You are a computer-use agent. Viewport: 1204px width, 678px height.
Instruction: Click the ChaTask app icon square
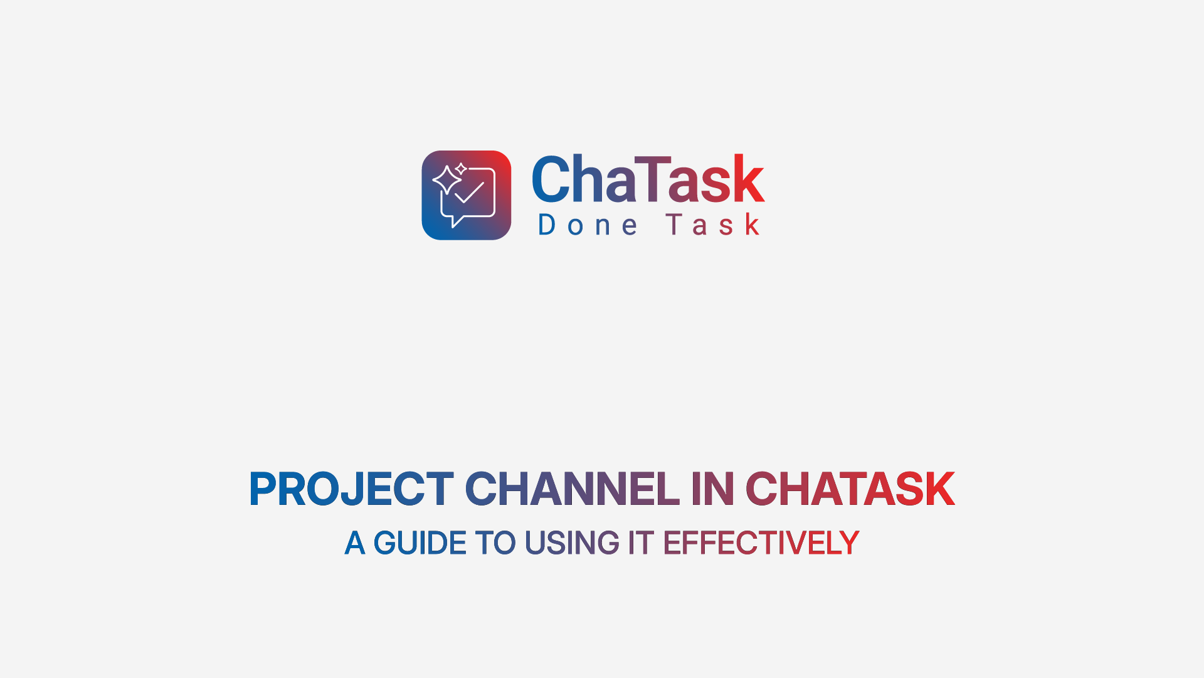coord(467,195)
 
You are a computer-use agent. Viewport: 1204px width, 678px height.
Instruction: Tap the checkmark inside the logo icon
coord(469,193)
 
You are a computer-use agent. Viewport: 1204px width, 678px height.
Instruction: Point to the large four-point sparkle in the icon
coord(447,180)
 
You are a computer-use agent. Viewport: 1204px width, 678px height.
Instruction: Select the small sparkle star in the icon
coord(461,169)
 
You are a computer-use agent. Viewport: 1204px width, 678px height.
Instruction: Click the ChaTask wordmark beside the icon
coord(648,180)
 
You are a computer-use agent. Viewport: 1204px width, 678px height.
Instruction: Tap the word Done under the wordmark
coord(588,225)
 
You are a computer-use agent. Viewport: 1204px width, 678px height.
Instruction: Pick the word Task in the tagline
coord(713,225)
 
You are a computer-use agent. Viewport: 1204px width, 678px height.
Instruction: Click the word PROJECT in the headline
coord(351,489)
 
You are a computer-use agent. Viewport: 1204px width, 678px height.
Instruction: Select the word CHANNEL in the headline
coord(572,489)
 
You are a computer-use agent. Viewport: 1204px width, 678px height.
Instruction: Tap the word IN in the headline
coord(712,489)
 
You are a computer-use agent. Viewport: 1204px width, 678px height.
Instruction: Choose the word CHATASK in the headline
coord(850,489)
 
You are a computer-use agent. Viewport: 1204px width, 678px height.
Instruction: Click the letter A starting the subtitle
coord(354,543)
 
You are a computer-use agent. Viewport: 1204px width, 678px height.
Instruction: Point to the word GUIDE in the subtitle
coord(420,543)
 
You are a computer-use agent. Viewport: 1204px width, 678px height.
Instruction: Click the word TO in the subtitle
coord(495,543)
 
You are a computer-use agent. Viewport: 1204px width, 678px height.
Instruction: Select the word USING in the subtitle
coord(572,543)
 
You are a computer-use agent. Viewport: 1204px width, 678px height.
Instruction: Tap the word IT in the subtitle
coord(641,543)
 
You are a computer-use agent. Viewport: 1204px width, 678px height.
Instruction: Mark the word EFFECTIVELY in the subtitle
coord(761,543)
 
